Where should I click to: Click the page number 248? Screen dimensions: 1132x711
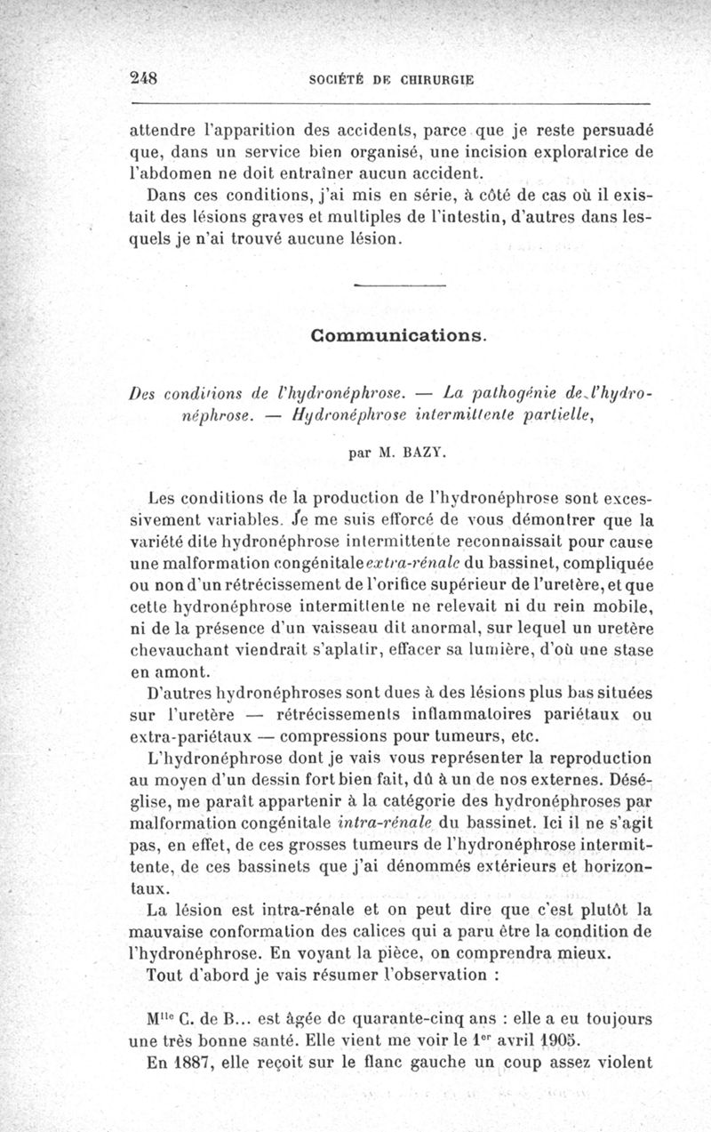[x=143, y=76]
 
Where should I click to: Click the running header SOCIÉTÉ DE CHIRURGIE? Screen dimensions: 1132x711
[x=391, y=78]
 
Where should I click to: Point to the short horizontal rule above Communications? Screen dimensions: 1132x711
[x=399, y=285]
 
